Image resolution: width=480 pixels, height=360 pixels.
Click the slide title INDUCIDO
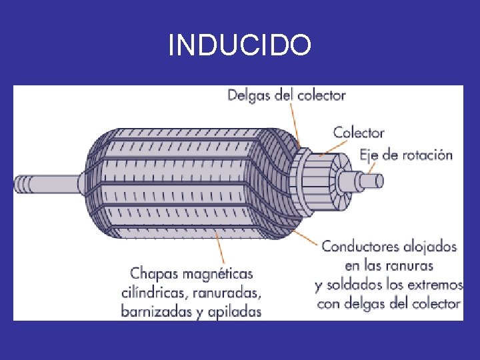click(x=239, y=45)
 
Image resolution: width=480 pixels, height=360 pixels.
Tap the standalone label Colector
click(x=359, y=132)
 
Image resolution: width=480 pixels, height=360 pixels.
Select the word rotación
click(x=425, y=155)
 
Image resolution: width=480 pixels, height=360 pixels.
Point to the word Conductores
click(x=361, y=247)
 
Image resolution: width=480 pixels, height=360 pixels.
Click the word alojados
click(x=430, y=247)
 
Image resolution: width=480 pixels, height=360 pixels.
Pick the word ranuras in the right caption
click(x=407, y=265)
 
